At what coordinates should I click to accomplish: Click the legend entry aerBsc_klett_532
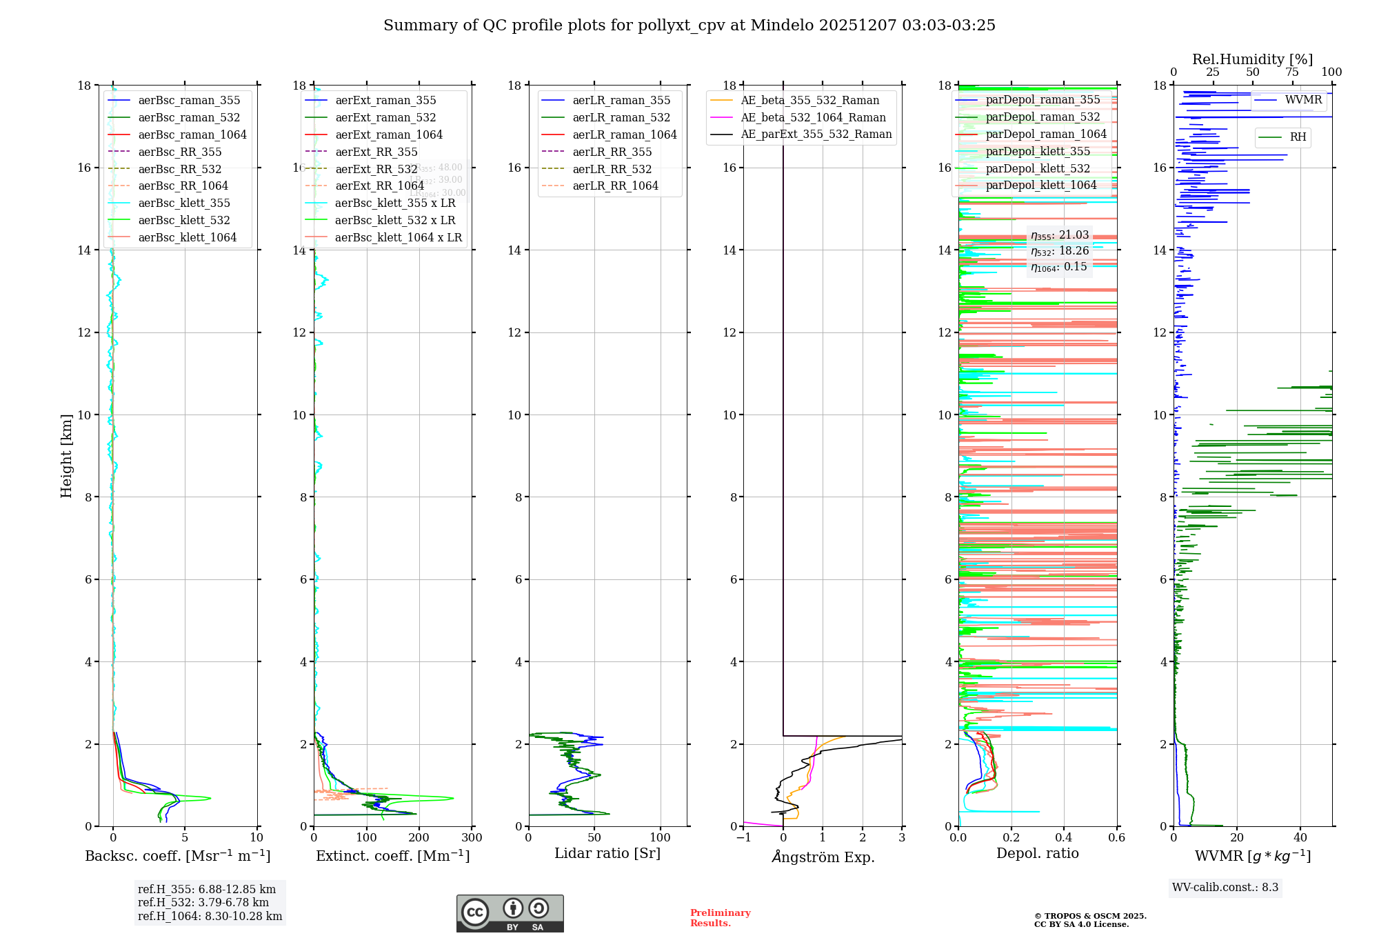[x=184, y=221]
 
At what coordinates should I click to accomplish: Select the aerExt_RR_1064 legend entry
[x=379, y=186]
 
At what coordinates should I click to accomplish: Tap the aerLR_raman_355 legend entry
[x=621, y=101]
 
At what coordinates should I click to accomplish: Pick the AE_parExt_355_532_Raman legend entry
[x=816, y=134]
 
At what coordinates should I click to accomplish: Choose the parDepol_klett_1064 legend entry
[x=1040, y=186]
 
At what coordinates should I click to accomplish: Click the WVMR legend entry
[x=1302, y=100]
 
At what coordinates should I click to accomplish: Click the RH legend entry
[x=1298, y=137]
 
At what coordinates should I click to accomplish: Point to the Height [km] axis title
[x=66, y=456]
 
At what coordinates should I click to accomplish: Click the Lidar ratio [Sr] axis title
[x=607, y=854]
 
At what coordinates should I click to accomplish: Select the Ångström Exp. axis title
[x=823, y=857]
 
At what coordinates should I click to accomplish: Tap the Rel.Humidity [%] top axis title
[x=1252, y=59]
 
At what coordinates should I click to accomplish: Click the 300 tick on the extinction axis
[x=472, y=838]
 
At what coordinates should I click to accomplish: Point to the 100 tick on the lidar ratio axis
[x=661, y=838]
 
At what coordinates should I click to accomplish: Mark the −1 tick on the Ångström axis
[x=743, y=838]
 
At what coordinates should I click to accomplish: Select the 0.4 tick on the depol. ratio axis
[x=1064, y=838]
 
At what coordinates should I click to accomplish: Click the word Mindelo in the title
[x=782, y=26]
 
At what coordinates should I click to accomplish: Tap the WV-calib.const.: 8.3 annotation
[x=1225, y=888]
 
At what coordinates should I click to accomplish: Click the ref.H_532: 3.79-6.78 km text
[x=203, y=903]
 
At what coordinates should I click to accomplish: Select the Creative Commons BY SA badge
[x=510, y=914]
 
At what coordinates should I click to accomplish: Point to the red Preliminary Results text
[x=720, y=918]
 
